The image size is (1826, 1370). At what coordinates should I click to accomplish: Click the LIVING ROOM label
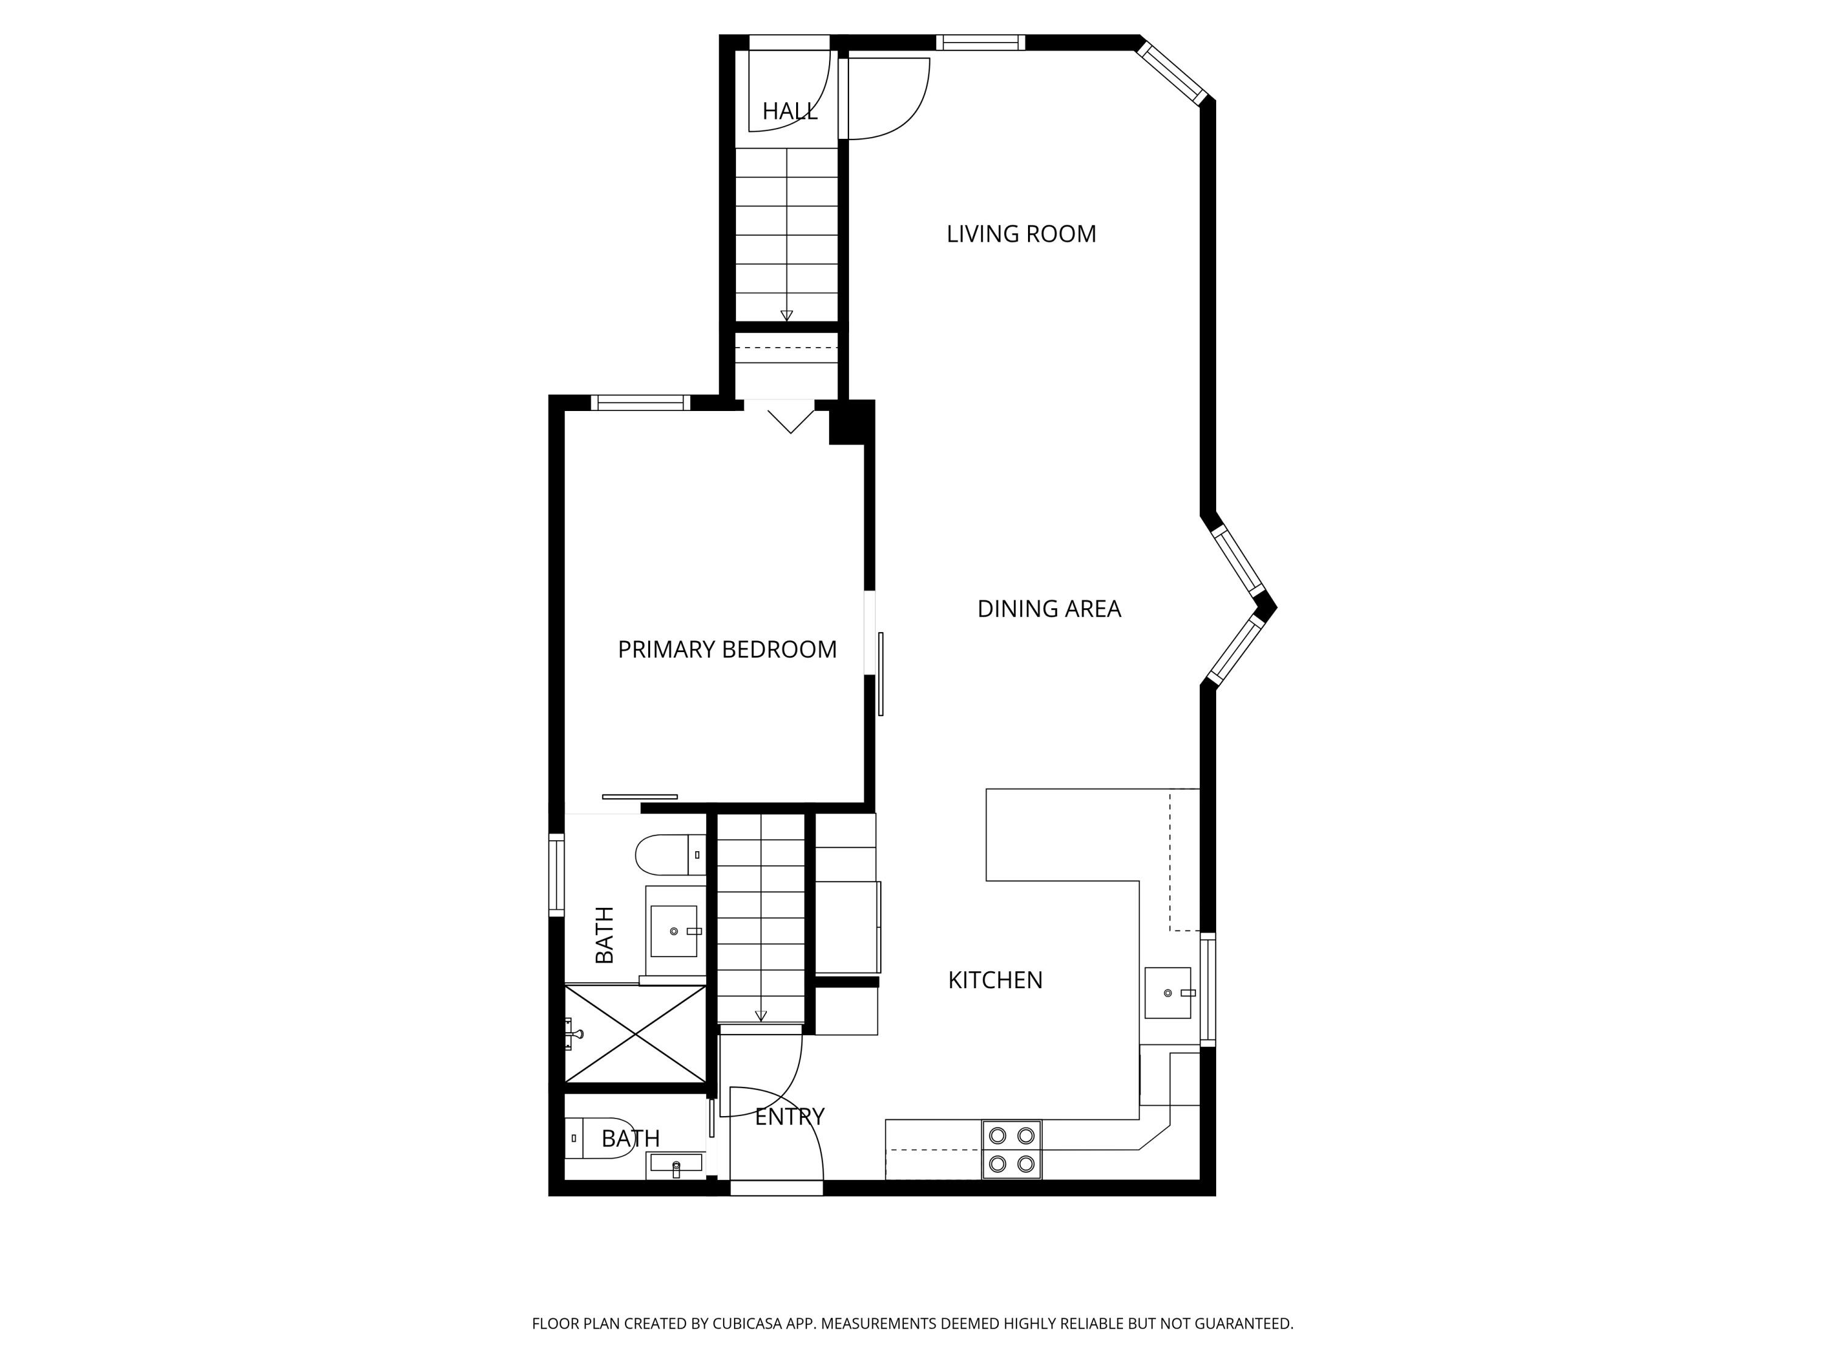(1021, 234)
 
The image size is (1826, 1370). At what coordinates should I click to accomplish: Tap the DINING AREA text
(1048, 609)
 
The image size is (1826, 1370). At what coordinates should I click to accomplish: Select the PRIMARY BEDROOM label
(726, 650)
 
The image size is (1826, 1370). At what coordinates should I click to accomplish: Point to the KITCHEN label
(995, 980)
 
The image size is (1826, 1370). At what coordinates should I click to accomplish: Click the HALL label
(789, 111)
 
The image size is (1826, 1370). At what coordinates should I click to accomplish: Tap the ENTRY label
(789, 1117)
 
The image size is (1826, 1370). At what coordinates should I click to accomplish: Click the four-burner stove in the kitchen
(1011, 1150)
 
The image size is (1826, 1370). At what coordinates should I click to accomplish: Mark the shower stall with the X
(635, 1034)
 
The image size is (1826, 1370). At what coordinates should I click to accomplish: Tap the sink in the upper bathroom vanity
(674, 932)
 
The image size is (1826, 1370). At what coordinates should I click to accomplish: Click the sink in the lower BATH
(676, 1164)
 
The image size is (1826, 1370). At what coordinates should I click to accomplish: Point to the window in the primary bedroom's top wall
(640, 403)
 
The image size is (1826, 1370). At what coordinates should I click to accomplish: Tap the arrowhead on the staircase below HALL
(786, 315)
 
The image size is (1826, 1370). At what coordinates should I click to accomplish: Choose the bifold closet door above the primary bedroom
(790, 418)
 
